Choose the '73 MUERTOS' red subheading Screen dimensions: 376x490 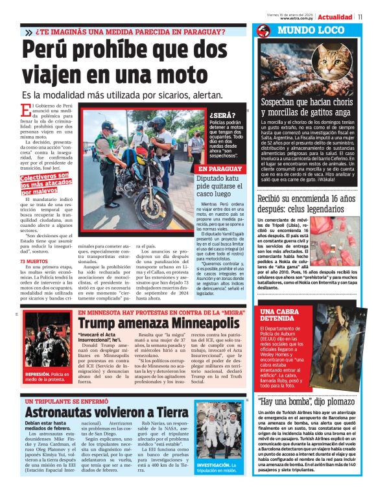[x=32, y=261]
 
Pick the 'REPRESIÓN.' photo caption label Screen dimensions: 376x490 [x=36, y=374]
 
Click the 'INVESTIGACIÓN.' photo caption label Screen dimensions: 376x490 [x=213, y=465]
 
